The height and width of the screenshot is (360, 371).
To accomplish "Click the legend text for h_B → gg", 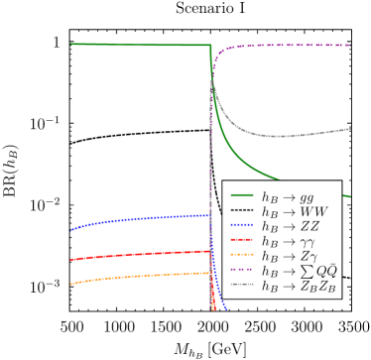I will (x=288, y=197).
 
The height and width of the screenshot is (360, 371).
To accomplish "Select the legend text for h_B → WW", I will (x=294, y=211).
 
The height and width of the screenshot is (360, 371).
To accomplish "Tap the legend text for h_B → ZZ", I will (x=291, y=225).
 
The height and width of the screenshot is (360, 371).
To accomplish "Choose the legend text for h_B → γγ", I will (x=288, y=240).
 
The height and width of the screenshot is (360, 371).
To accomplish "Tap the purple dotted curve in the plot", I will (x=288, y=45).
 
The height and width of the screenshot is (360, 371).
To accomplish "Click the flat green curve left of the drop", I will (x=139, y=45).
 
